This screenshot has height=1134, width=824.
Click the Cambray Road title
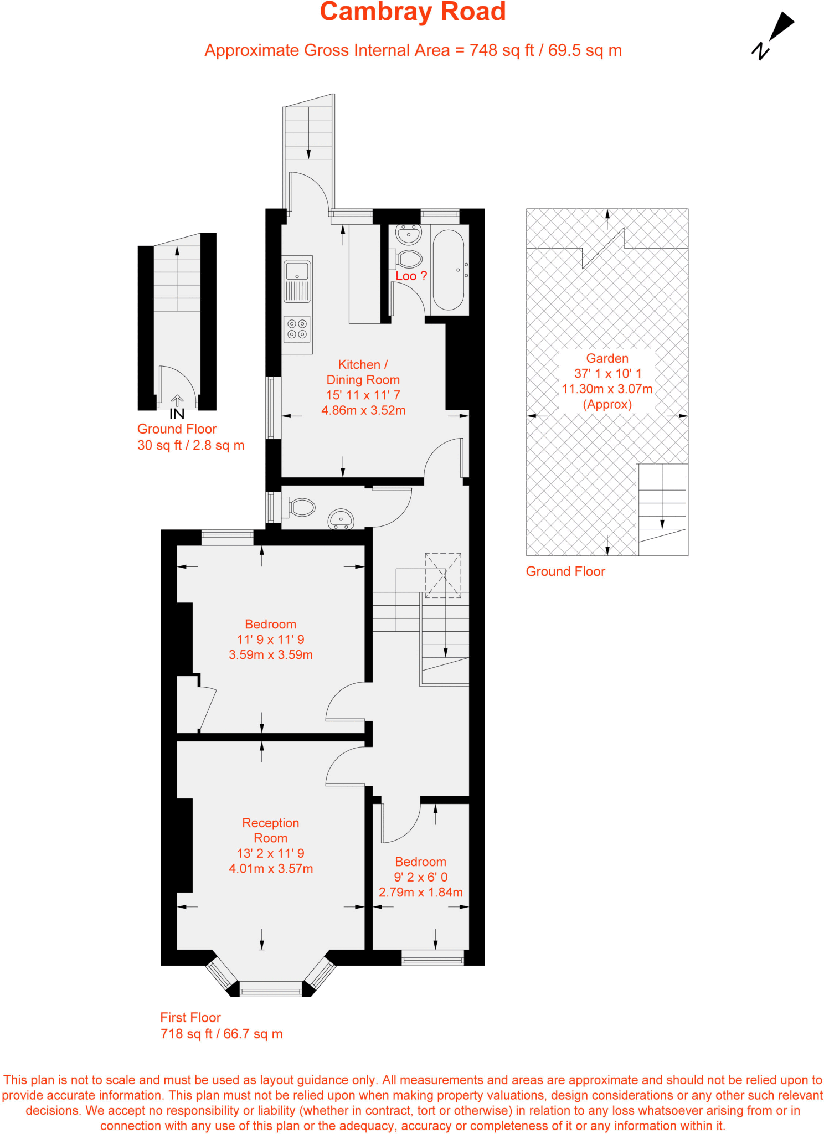coord(413,12)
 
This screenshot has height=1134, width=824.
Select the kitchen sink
coord(297,281)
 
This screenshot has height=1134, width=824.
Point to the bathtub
coord(448,270)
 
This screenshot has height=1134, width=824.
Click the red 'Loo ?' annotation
coord(411,276)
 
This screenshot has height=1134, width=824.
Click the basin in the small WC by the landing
coord(341,519)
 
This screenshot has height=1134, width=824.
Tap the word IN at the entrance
coord(177,414)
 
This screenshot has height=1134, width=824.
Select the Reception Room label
coord(271,831)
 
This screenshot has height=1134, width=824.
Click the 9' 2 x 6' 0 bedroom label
coord(421,877)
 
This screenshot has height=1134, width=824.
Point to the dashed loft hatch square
coord(443,575)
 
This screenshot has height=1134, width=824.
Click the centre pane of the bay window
coord(271,989)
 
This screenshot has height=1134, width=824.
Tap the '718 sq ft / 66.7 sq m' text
coord(222,1034)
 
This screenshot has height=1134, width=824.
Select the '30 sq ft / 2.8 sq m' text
coord(191,445)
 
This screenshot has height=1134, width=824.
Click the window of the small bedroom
coord(432,957)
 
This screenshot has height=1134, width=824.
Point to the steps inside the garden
coord(662,509)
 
